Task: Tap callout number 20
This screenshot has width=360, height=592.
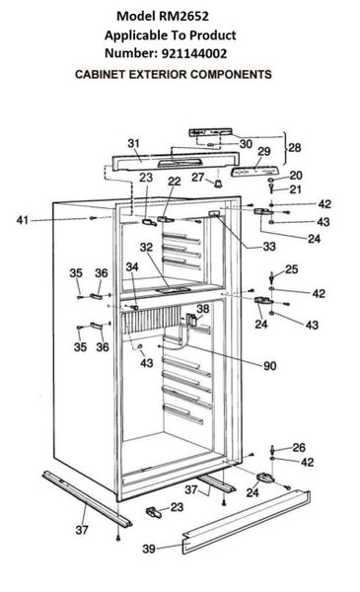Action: (x=296, y=175)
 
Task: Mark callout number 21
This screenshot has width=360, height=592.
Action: (x=296, y=189)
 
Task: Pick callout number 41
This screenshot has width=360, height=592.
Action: (x=49, y=219)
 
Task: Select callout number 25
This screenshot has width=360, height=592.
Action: (x=291, y=268)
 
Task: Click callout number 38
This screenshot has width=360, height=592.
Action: (x=204, y=309)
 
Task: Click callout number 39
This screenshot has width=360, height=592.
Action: (x=149, y=549)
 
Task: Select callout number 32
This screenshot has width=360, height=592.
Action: (x=145, y=248)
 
